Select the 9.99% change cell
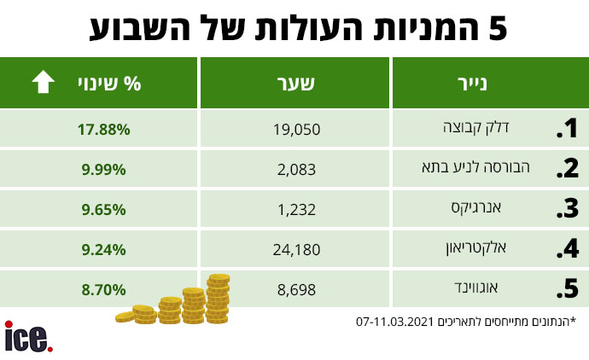pos(104,170)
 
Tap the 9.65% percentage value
pos(104,209)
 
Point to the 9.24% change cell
pos(104,249)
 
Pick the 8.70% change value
pos(104,289)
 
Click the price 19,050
pos(295,130)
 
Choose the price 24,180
pos(295,249)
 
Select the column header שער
pos(295,84)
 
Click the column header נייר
pos(490,84)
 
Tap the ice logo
pos(28,337)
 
